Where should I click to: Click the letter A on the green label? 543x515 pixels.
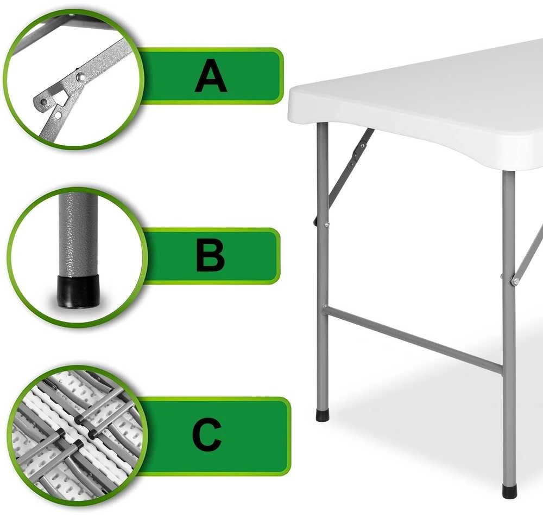(211, 76)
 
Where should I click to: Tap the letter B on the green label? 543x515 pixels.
(210, 256)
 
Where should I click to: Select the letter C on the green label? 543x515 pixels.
(207, 434)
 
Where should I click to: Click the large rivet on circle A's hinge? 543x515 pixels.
(81, 77)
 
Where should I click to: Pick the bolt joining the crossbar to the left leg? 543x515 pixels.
(324, 306)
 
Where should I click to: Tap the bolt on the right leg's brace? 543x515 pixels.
(515, 281)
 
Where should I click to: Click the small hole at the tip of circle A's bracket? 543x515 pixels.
(43, 102)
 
